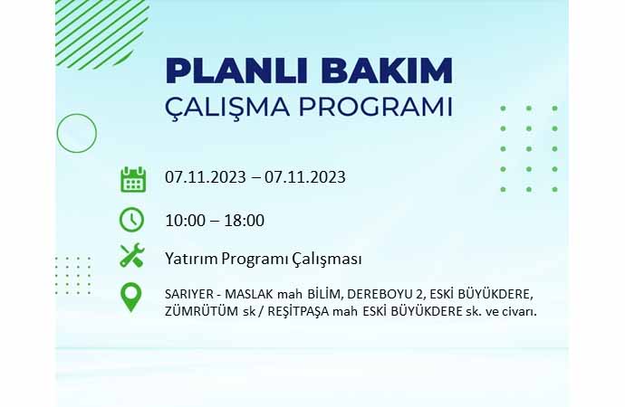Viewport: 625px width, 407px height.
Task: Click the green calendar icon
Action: tap(133, 179)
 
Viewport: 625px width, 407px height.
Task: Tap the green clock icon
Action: tap(131, 220)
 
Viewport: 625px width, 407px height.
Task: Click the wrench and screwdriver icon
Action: tap(132, 255)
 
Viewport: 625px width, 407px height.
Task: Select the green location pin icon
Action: tap(130, 297)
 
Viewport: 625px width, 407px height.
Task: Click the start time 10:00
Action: tap(185, 221)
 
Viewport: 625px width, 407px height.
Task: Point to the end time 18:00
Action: tap(245, 221)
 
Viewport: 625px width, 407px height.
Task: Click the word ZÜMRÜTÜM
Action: tap(202, 311)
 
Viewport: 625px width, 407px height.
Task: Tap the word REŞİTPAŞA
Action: tap(298, 311)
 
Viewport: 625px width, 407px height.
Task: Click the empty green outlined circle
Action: tap(77, 114)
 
